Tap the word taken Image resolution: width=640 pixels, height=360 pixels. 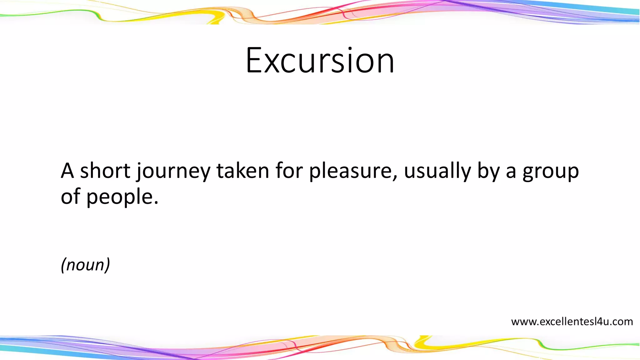click(x=242, y=171)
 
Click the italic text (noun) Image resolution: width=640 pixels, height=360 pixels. click(x=85, y=265)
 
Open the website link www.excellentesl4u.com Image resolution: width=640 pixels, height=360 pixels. click(x=572, y=322)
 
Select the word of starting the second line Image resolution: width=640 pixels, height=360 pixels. click(x=71, y=197)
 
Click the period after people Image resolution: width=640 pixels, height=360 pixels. click(x=156, y=203)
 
